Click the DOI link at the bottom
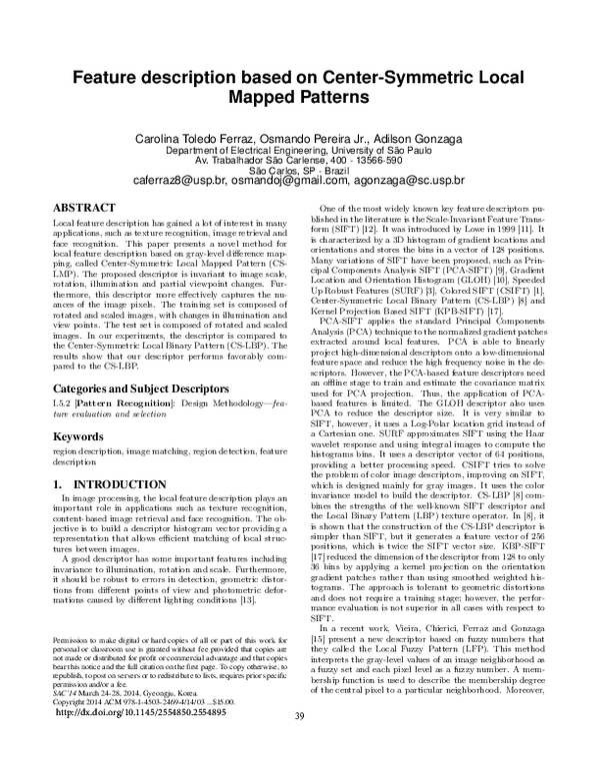[x=165, y=743]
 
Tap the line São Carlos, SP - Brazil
[x=299, y=170]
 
